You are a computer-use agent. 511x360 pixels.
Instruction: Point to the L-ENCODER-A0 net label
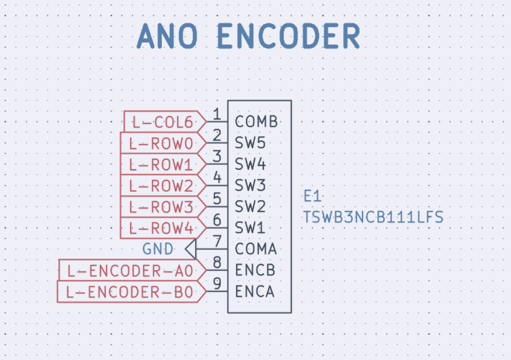130,271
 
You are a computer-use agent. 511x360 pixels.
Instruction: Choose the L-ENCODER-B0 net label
130,292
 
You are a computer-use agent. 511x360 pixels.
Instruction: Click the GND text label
158,250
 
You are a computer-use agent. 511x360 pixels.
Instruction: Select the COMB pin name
256,122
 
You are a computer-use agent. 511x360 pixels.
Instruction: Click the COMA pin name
255,250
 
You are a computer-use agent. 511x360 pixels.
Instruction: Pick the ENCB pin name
254,271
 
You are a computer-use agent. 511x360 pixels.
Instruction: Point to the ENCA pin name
254,292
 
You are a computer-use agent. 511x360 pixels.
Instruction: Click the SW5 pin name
250,143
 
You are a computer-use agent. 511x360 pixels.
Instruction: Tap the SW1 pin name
250,228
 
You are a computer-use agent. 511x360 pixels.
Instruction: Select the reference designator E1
312,197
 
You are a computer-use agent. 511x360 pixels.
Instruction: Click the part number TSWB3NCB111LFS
373,218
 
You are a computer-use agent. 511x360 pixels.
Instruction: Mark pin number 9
217,284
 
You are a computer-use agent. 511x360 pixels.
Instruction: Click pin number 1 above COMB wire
217,114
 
